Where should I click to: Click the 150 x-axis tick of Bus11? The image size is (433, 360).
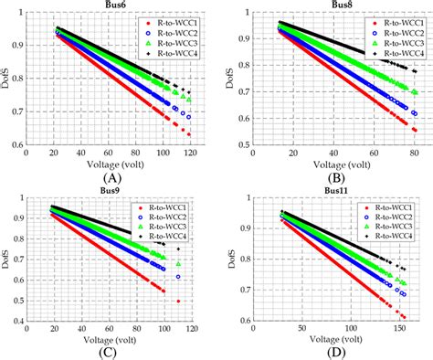(x=396, y=328)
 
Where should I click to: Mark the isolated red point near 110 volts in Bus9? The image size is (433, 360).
(x=178, y=301)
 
